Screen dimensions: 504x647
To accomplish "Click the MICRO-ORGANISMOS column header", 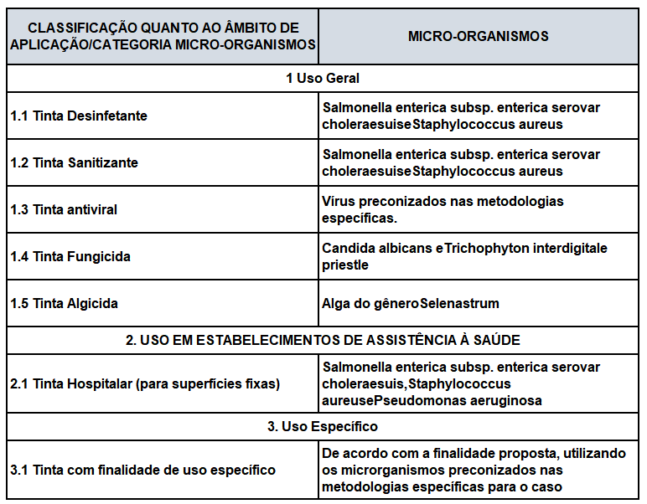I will [x=478, y=37].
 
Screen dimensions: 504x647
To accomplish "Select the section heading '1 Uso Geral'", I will [x=323, y=78].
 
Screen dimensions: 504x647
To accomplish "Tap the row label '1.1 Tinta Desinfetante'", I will [x=79, y=116].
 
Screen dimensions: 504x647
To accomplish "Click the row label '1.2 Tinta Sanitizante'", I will [x=75, y=162].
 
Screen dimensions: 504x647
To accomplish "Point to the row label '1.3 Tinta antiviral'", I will [x=65, y=209].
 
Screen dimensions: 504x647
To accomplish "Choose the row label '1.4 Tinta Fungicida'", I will [x=70, y=256].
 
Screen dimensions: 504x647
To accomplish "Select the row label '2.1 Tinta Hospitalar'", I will [x=145, y=383].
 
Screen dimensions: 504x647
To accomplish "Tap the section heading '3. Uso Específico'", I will [x=323, y=427].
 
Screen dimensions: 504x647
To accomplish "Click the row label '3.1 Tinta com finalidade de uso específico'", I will [x=142, y=471].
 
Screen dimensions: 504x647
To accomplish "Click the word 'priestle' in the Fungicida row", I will [x=345, y=265].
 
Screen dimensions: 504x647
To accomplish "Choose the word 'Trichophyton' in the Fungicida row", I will [x=484, y=248].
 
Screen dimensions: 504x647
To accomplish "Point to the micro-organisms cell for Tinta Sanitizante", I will [x=461, y=162].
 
